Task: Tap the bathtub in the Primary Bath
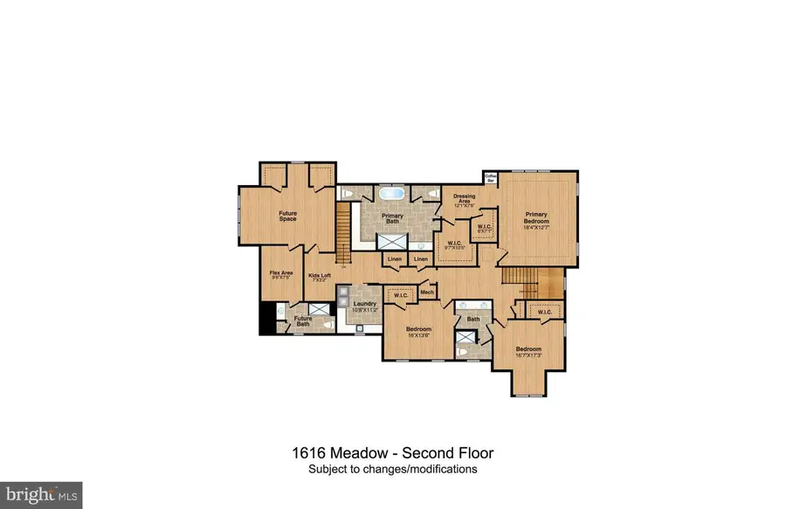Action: tap(390, 194)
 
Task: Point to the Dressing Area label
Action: tap(458, 199)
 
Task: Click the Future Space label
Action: tap(287, 216)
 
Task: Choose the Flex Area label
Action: tap(280, 275)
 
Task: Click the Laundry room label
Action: tap(365, 306)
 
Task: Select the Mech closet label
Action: tap(427, 292)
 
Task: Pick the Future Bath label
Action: tap(303, 321)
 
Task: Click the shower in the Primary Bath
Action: tap(390, 242)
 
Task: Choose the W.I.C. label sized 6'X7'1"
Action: tap(483, 228)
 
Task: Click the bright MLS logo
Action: tap(41, 495)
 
